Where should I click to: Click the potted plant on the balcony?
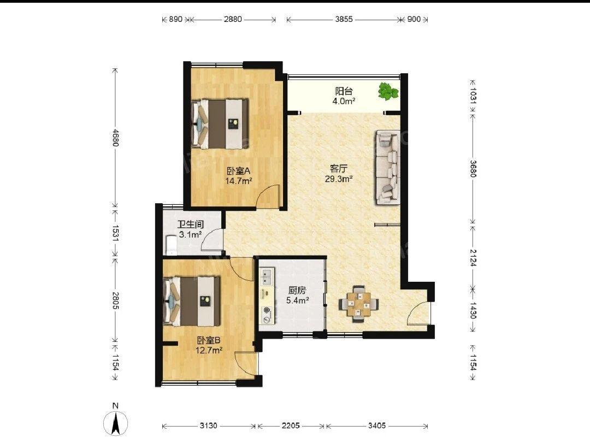pos(388,91)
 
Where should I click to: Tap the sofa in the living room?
pos(387,168)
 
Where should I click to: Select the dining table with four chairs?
pos(358,304)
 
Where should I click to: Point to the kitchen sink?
pos(267,276)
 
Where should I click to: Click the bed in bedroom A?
pos(220,123)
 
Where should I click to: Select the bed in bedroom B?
pos(192,301)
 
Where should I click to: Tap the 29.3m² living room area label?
pos(339,179)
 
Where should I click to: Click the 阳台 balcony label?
pos(344,91)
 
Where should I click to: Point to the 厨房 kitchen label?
pos(297,291)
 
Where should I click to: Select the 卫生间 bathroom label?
pos(191,224)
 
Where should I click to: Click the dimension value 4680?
pos(115,138)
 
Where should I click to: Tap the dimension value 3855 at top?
pos(344,19)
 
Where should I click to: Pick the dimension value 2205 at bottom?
pos(291,425)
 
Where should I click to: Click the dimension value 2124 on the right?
pos(473,258)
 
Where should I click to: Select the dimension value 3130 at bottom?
pos(209,425)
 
